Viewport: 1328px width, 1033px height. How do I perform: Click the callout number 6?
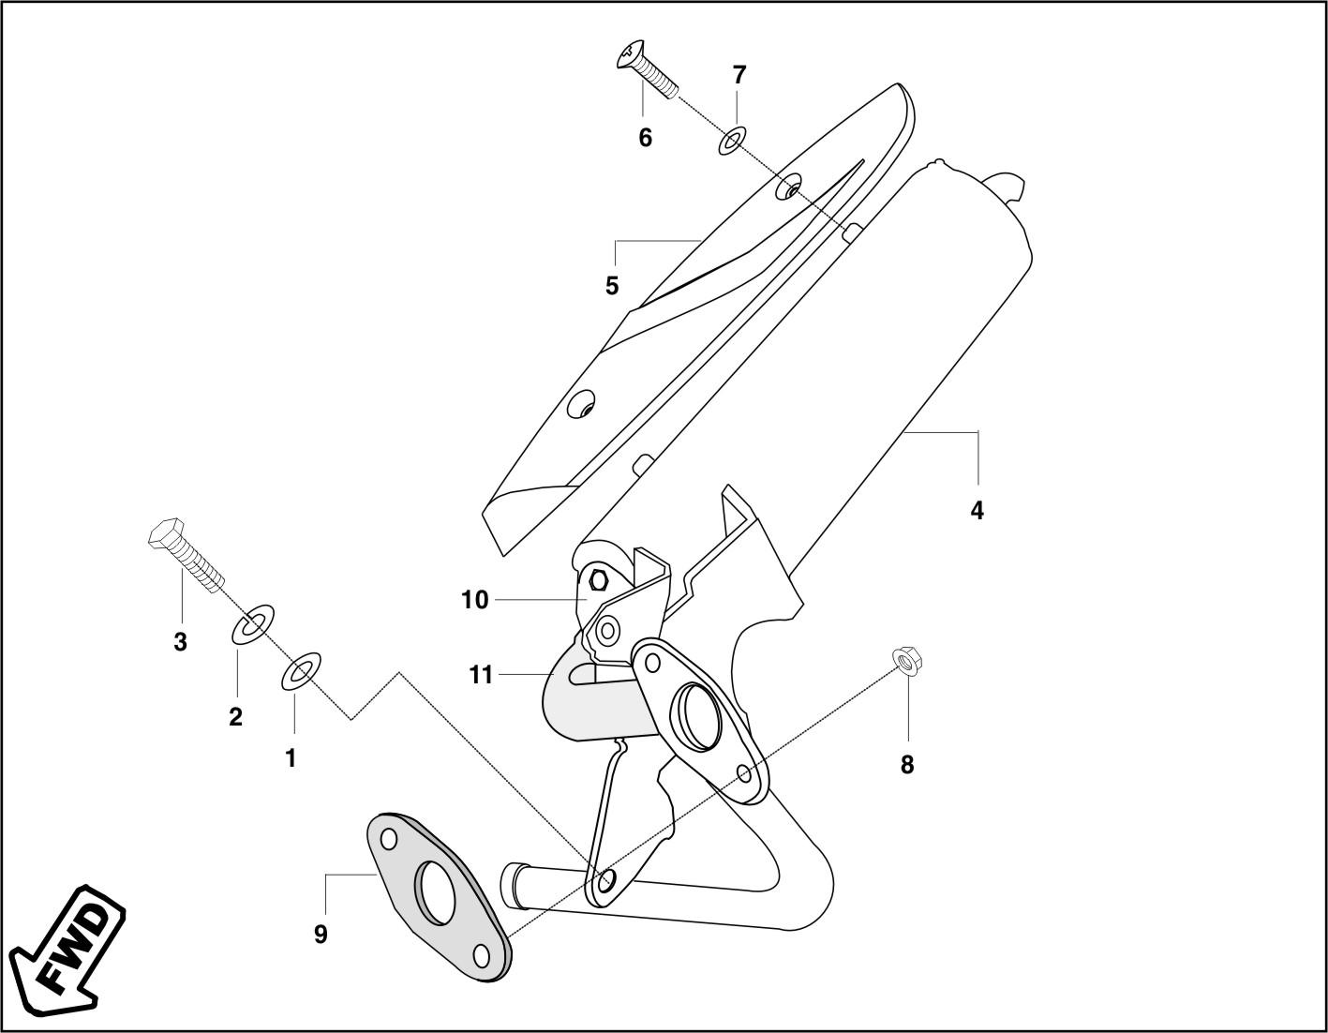point(645,138)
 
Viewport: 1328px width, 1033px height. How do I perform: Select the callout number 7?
point(739,74)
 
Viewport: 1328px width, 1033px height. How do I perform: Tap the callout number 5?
point(611,286)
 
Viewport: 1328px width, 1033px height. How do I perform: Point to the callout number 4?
point(977,511)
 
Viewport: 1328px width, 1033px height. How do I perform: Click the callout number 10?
point(475,600)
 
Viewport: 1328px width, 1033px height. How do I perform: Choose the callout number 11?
point(481,675)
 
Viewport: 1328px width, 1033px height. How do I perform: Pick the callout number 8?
point(906,765)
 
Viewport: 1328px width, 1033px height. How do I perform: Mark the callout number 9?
point(321,934)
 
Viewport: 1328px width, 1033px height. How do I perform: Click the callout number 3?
point(180,643)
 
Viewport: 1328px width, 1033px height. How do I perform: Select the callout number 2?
point(235,717)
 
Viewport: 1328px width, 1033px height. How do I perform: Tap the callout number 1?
point(291,758)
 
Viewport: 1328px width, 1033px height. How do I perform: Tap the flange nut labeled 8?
point(904,661)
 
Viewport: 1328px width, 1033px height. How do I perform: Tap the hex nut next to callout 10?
point(599,580)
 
